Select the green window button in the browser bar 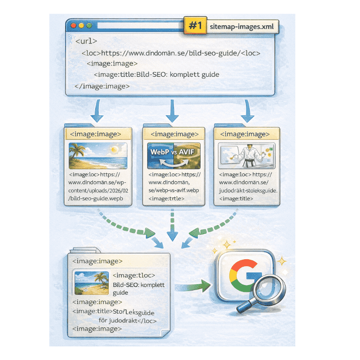coord(88,25)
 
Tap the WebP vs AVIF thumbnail coord(173,156)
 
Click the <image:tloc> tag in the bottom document coord(134,275)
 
